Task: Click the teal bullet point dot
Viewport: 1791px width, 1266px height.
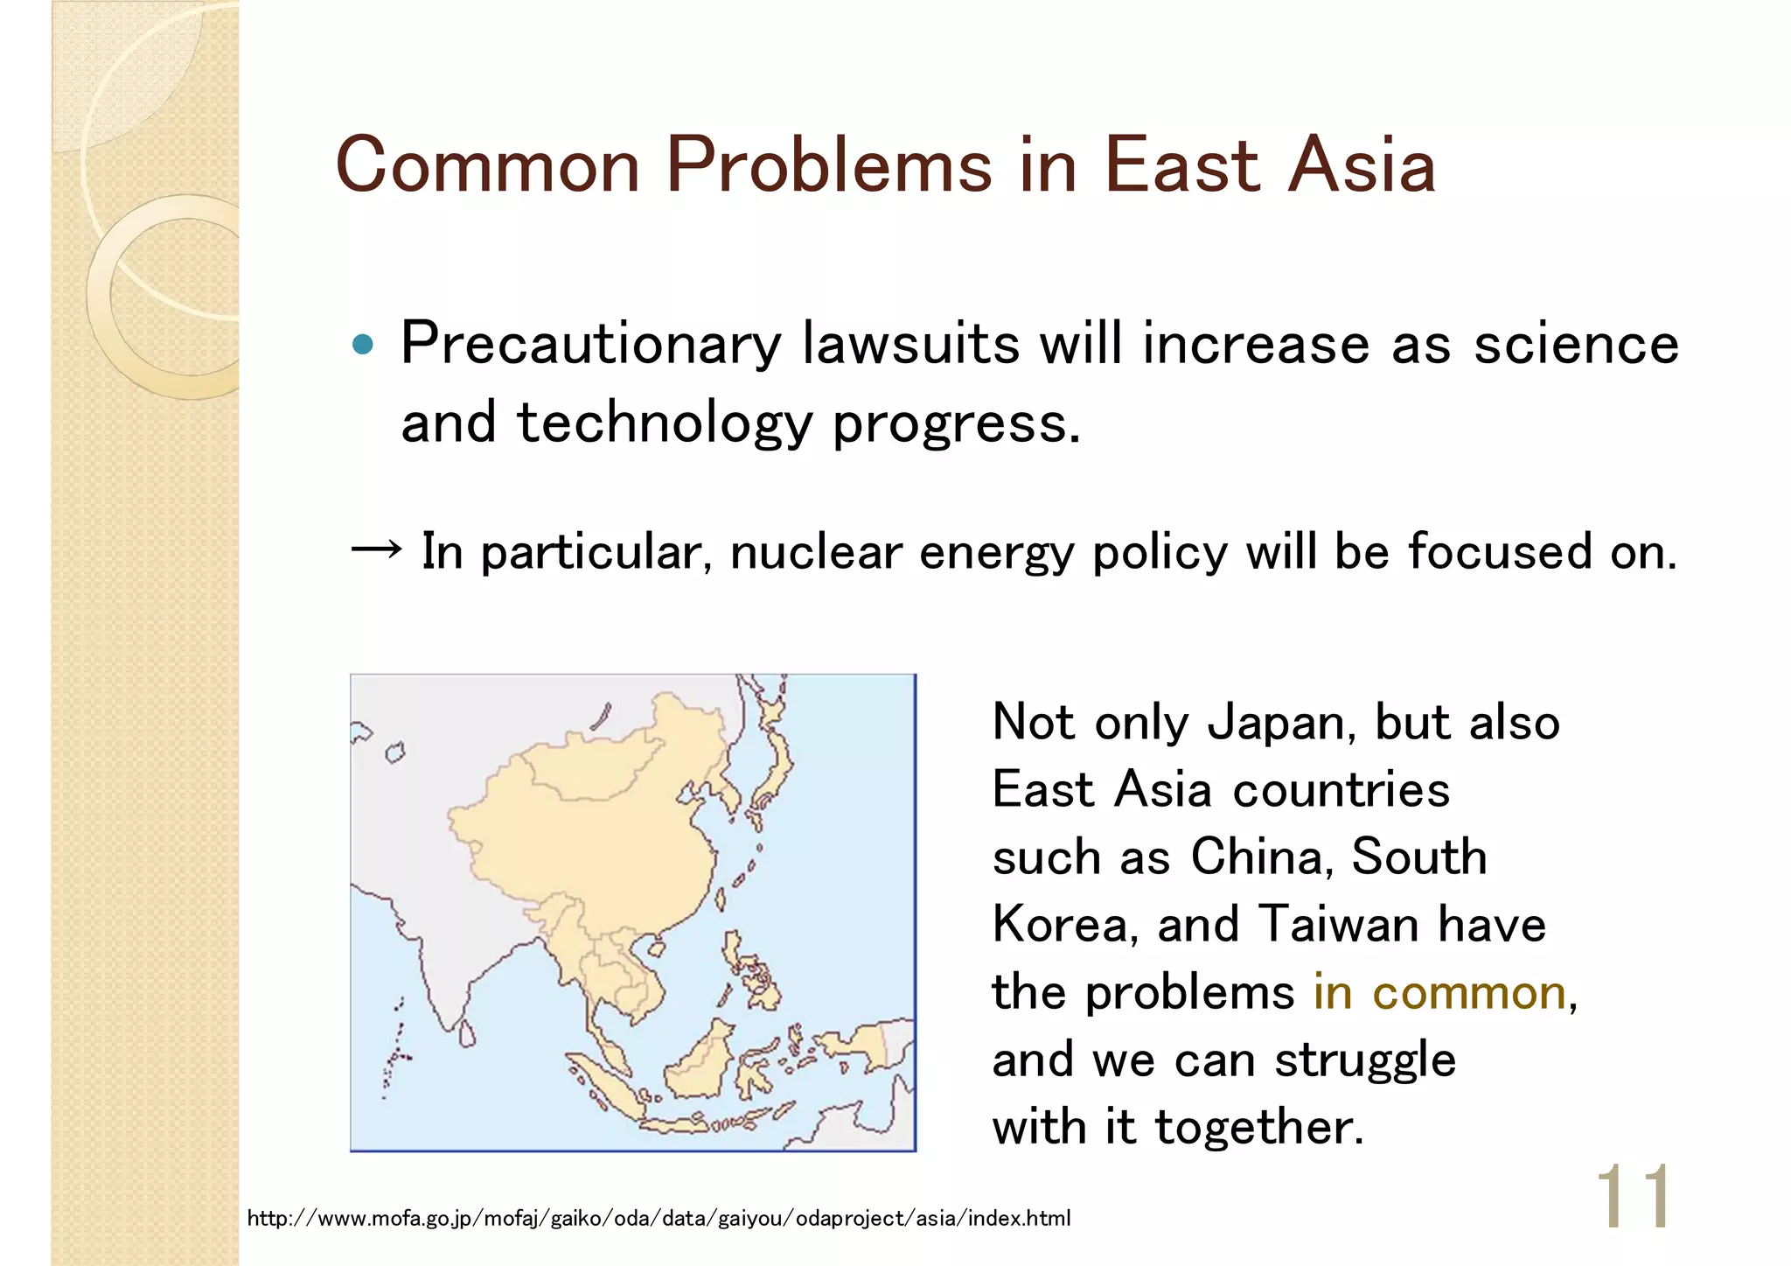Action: tap(362, 344)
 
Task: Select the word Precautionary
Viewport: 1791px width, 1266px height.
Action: tap(590, 344)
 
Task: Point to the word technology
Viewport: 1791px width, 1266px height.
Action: tap(664, 423)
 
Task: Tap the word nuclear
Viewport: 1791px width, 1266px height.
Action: tap(815, 552)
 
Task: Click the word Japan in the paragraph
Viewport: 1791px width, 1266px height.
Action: tap(1282, 723)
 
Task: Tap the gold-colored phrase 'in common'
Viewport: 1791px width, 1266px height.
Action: tap(1439, 992)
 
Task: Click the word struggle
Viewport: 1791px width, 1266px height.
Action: tap(1364, 1060)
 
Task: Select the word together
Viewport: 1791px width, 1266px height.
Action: tap(1259, 1127)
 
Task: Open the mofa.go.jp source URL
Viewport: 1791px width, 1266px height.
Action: tap(659, 1218)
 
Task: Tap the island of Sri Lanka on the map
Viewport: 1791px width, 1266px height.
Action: tap(468, 1033)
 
